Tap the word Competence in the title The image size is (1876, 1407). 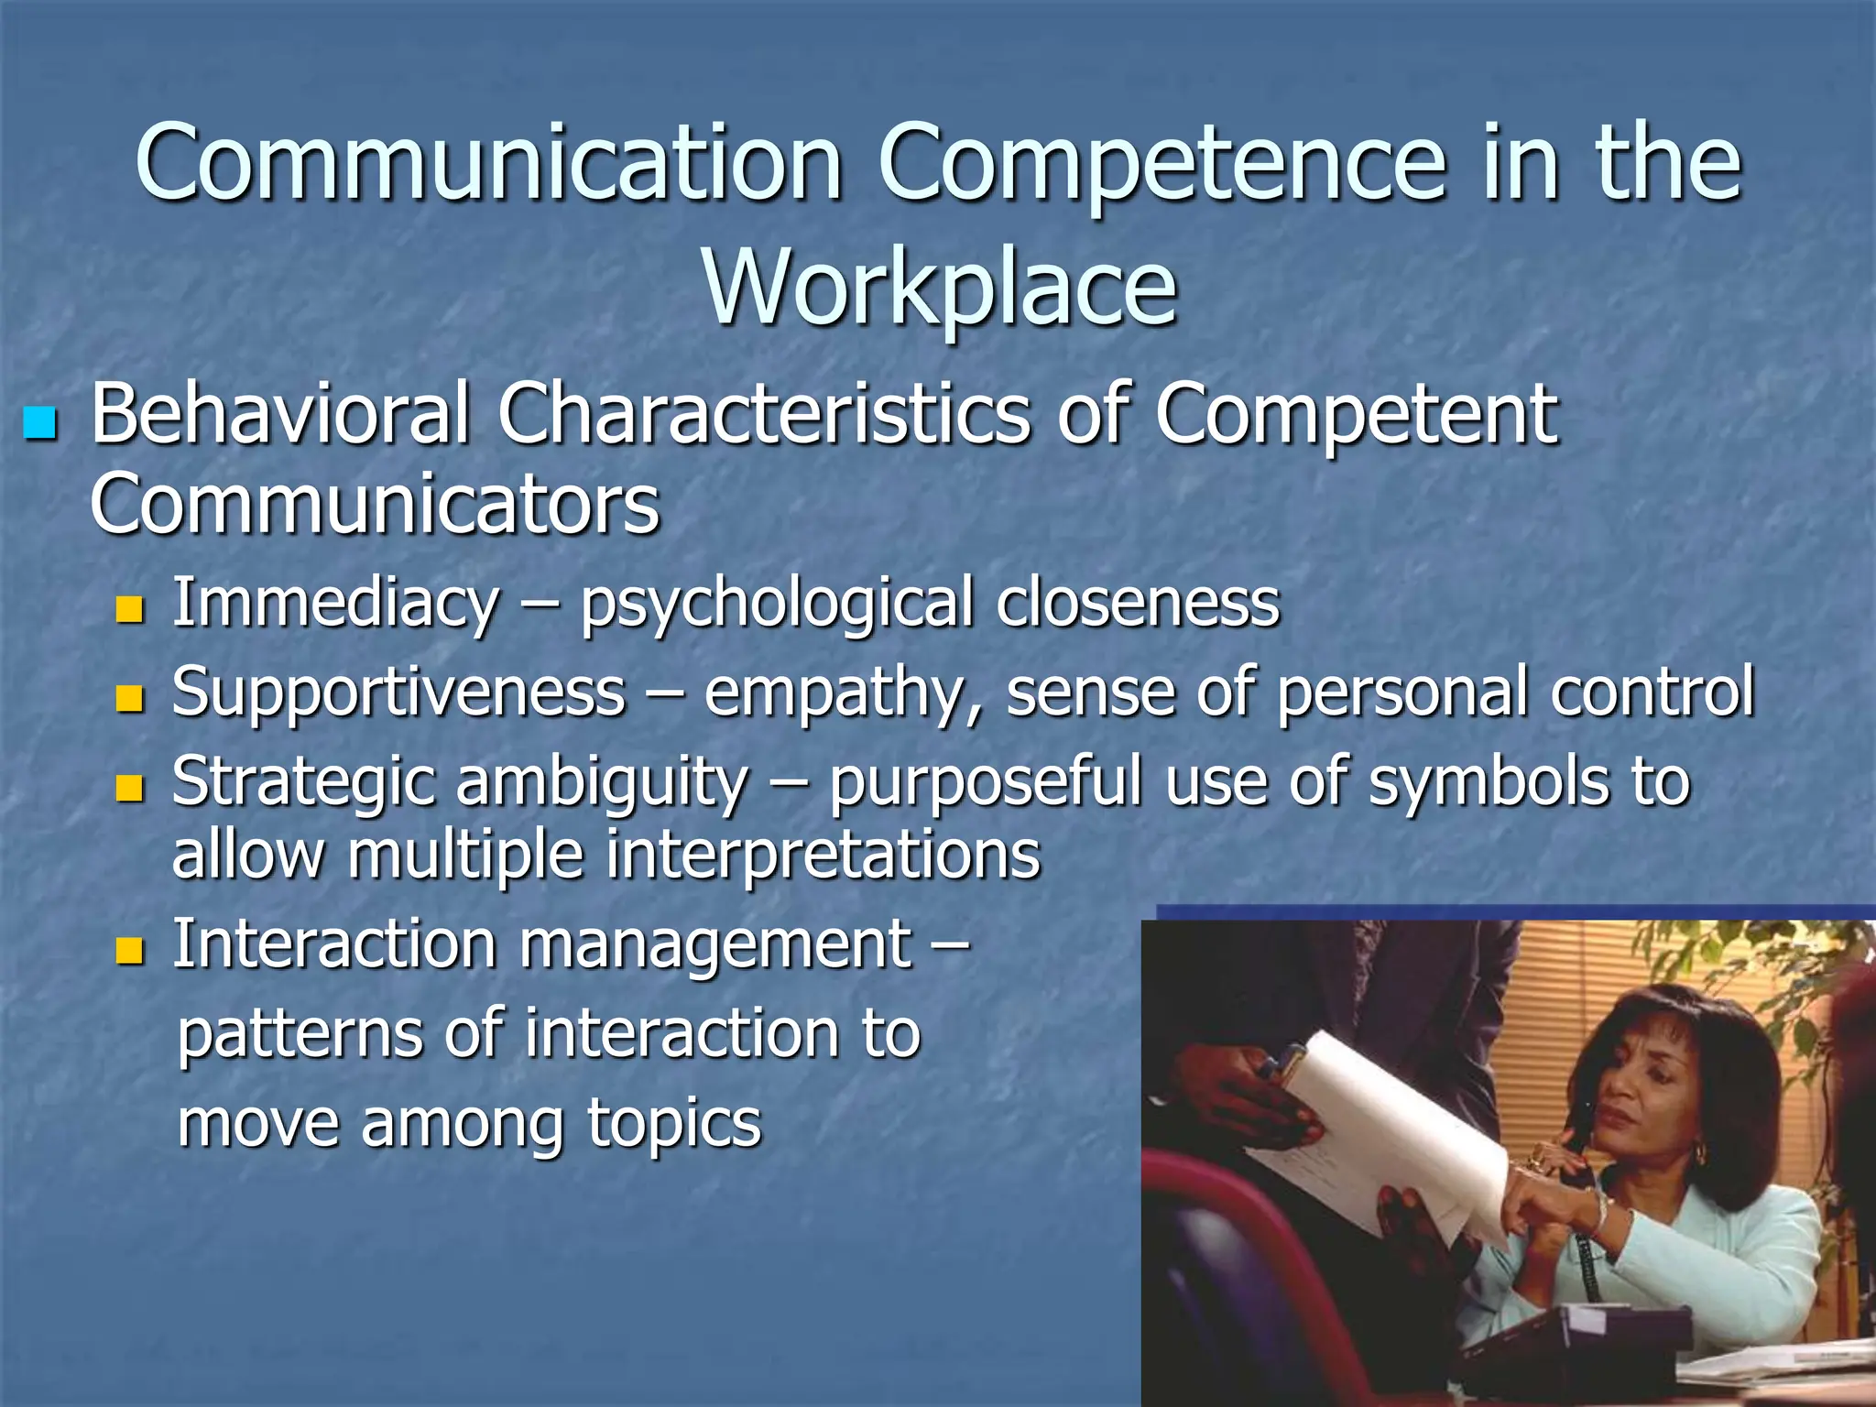(1162, 165)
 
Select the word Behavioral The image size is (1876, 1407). (280, 415)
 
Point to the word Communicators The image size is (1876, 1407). (375, 505)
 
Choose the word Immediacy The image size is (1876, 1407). (335, 605)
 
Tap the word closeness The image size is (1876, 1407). (1138, 605)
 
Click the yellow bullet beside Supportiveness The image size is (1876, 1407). (131, 698)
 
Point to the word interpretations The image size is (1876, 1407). (823, 856)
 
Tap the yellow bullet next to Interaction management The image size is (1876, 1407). (131, 950)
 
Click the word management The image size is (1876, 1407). (715, 947)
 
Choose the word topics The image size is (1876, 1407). (674, 1123)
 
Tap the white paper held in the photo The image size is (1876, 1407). (1374, 1127)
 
